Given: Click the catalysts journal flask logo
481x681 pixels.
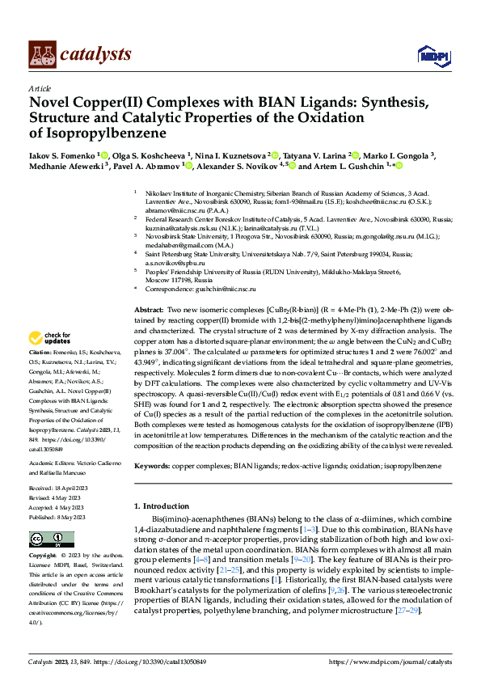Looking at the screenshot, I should click(42, 53).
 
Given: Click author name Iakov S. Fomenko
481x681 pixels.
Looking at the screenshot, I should click(62, 154).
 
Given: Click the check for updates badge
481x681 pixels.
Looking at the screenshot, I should click(49, 337).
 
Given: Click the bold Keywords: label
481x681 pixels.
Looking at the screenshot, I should click(153, 467).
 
